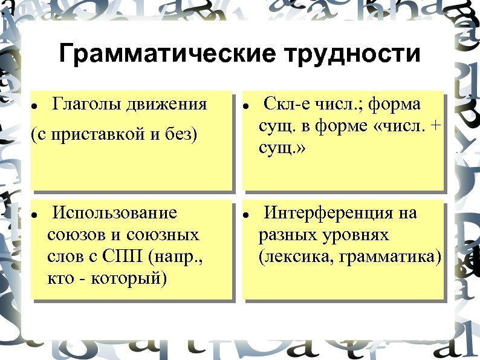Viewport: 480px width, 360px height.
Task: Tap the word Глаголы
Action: pos(86,104)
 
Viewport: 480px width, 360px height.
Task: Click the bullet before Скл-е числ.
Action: pos(247,105)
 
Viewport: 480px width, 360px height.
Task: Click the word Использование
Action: pos(115,213)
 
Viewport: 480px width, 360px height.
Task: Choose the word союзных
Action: pos(166,235)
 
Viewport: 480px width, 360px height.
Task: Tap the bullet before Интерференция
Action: pos(247,215)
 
